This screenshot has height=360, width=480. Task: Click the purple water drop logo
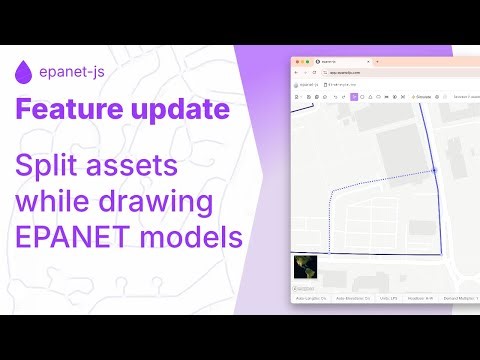(21, 72)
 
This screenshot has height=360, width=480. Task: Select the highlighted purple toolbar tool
(353, 97)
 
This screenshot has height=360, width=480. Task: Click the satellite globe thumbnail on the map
(304, 267)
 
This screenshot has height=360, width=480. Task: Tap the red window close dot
(297, 62)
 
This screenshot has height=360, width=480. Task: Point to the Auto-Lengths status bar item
(311, 298)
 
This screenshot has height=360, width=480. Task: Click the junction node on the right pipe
(435, 171)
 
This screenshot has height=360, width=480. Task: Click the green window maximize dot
(310, 62)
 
